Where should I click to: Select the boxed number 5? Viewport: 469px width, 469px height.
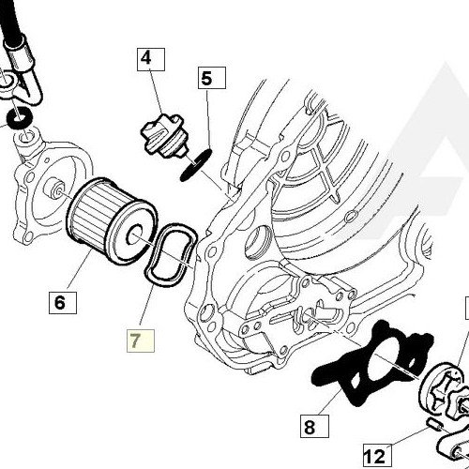click(x=206, y=78)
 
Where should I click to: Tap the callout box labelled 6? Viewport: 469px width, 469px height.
click(x=59, y=302)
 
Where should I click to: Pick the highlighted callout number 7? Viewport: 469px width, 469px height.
click(x=138, y=340)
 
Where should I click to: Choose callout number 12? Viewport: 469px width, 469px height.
click(x=372, y=456)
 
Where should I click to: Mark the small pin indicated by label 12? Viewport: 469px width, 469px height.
click(x=434, y=429)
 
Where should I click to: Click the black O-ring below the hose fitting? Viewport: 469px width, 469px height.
click(x=20, y=118)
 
